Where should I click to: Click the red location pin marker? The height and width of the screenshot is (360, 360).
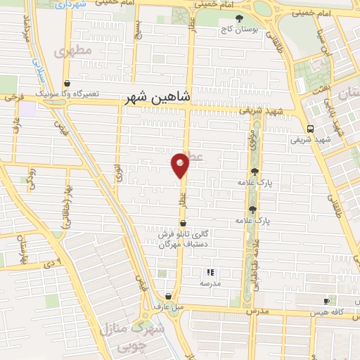click(180, 165)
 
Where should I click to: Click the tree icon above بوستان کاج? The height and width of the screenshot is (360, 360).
click(240, 18)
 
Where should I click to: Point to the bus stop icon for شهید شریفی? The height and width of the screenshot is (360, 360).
click(310, 129)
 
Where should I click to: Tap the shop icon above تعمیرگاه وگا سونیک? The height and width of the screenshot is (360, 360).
click(66, 82)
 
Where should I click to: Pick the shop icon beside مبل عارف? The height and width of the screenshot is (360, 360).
click(167, 296)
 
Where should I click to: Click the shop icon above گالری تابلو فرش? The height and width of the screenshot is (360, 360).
click(184, 223)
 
